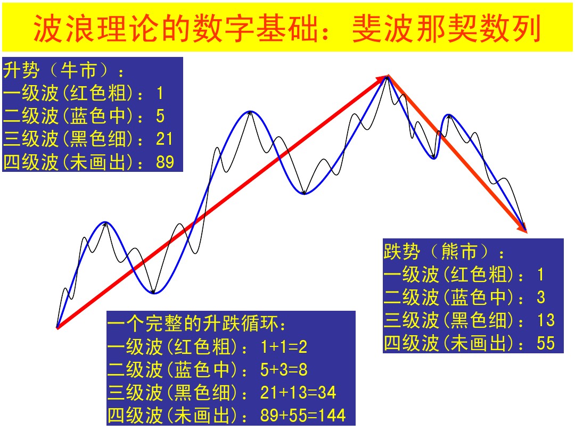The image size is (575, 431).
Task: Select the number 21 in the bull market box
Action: click(x=165, y=139)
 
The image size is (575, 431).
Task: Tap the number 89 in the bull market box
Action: click(x=165, y=162)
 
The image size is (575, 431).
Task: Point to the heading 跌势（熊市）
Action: click(x=444, y=251)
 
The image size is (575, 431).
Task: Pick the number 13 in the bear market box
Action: click(x=546, y=320)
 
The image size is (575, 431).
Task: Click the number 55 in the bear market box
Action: click(x=546, y=343)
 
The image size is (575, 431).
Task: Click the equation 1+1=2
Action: click(x=284, y=347)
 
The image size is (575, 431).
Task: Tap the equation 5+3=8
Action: click(x=284, y=370)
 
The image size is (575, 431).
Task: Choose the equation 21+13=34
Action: click(x=298, y=393)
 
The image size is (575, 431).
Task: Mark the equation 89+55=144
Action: click(x=303, y=416)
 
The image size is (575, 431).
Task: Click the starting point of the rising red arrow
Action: click(x=57, y=327)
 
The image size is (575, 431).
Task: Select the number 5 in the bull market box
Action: click(x=160, y=116)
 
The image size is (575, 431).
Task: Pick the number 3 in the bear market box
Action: click(x=541, y=297)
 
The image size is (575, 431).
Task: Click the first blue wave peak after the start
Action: click(x=105, y=222)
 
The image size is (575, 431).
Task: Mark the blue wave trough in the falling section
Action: click(x=434, y=159)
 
